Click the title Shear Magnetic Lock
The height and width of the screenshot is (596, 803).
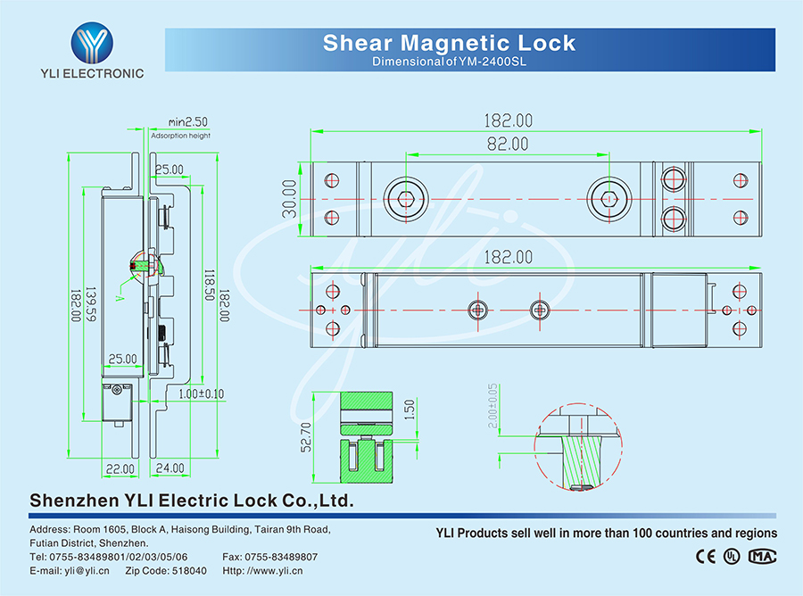pyautogui.click(x=449, y=43)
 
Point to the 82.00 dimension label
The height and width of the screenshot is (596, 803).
pyautogui.click(x=507, y=144)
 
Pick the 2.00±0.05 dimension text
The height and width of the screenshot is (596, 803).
pyautogui.click(x=493, y=406)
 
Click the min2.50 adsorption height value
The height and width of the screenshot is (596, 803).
pyautogui.click(x=187, y=121)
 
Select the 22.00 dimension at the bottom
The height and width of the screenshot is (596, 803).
pyautogui.click(x=120, y=468)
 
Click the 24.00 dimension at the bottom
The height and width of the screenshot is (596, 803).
pyautogui.click(x=170, y=468)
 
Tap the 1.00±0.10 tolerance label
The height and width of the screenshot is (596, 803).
pyautogui.click(x=201, y=393)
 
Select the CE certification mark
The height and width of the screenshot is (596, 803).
pyautogui.click(x=705, y=556)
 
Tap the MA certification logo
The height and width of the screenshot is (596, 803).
pyautogui.click(x=762, y=556)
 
